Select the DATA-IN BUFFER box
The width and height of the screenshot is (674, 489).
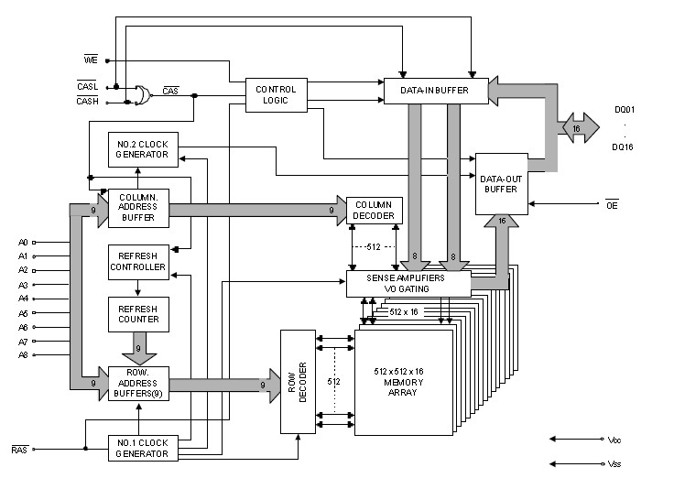click(434, 91)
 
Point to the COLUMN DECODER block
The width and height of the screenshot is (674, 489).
click(374, 210)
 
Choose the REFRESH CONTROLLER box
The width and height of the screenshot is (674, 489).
click(137, 262)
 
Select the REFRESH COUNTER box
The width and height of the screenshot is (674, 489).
click(137, 313)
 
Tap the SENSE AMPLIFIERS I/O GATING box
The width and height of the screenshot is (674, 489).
click(408, 283)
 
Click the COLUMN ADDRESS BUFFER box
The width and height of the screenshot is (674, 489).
click(137, 209)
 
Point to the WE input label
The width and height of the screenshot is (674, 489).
click(91, 60)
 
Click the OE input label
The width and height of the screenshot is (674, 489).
click(611, 204)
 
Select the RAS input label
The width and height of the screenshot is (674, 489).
click(19, 450)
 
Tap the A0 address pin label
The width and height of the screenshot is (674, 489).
click(24, 242)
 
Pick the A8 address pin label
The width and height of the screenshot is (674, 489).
click(24, 354)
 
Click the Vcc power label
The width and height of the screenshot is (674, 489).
click(614, 440)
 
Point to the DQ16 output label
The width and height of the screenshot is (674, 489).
click(625, 146)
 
